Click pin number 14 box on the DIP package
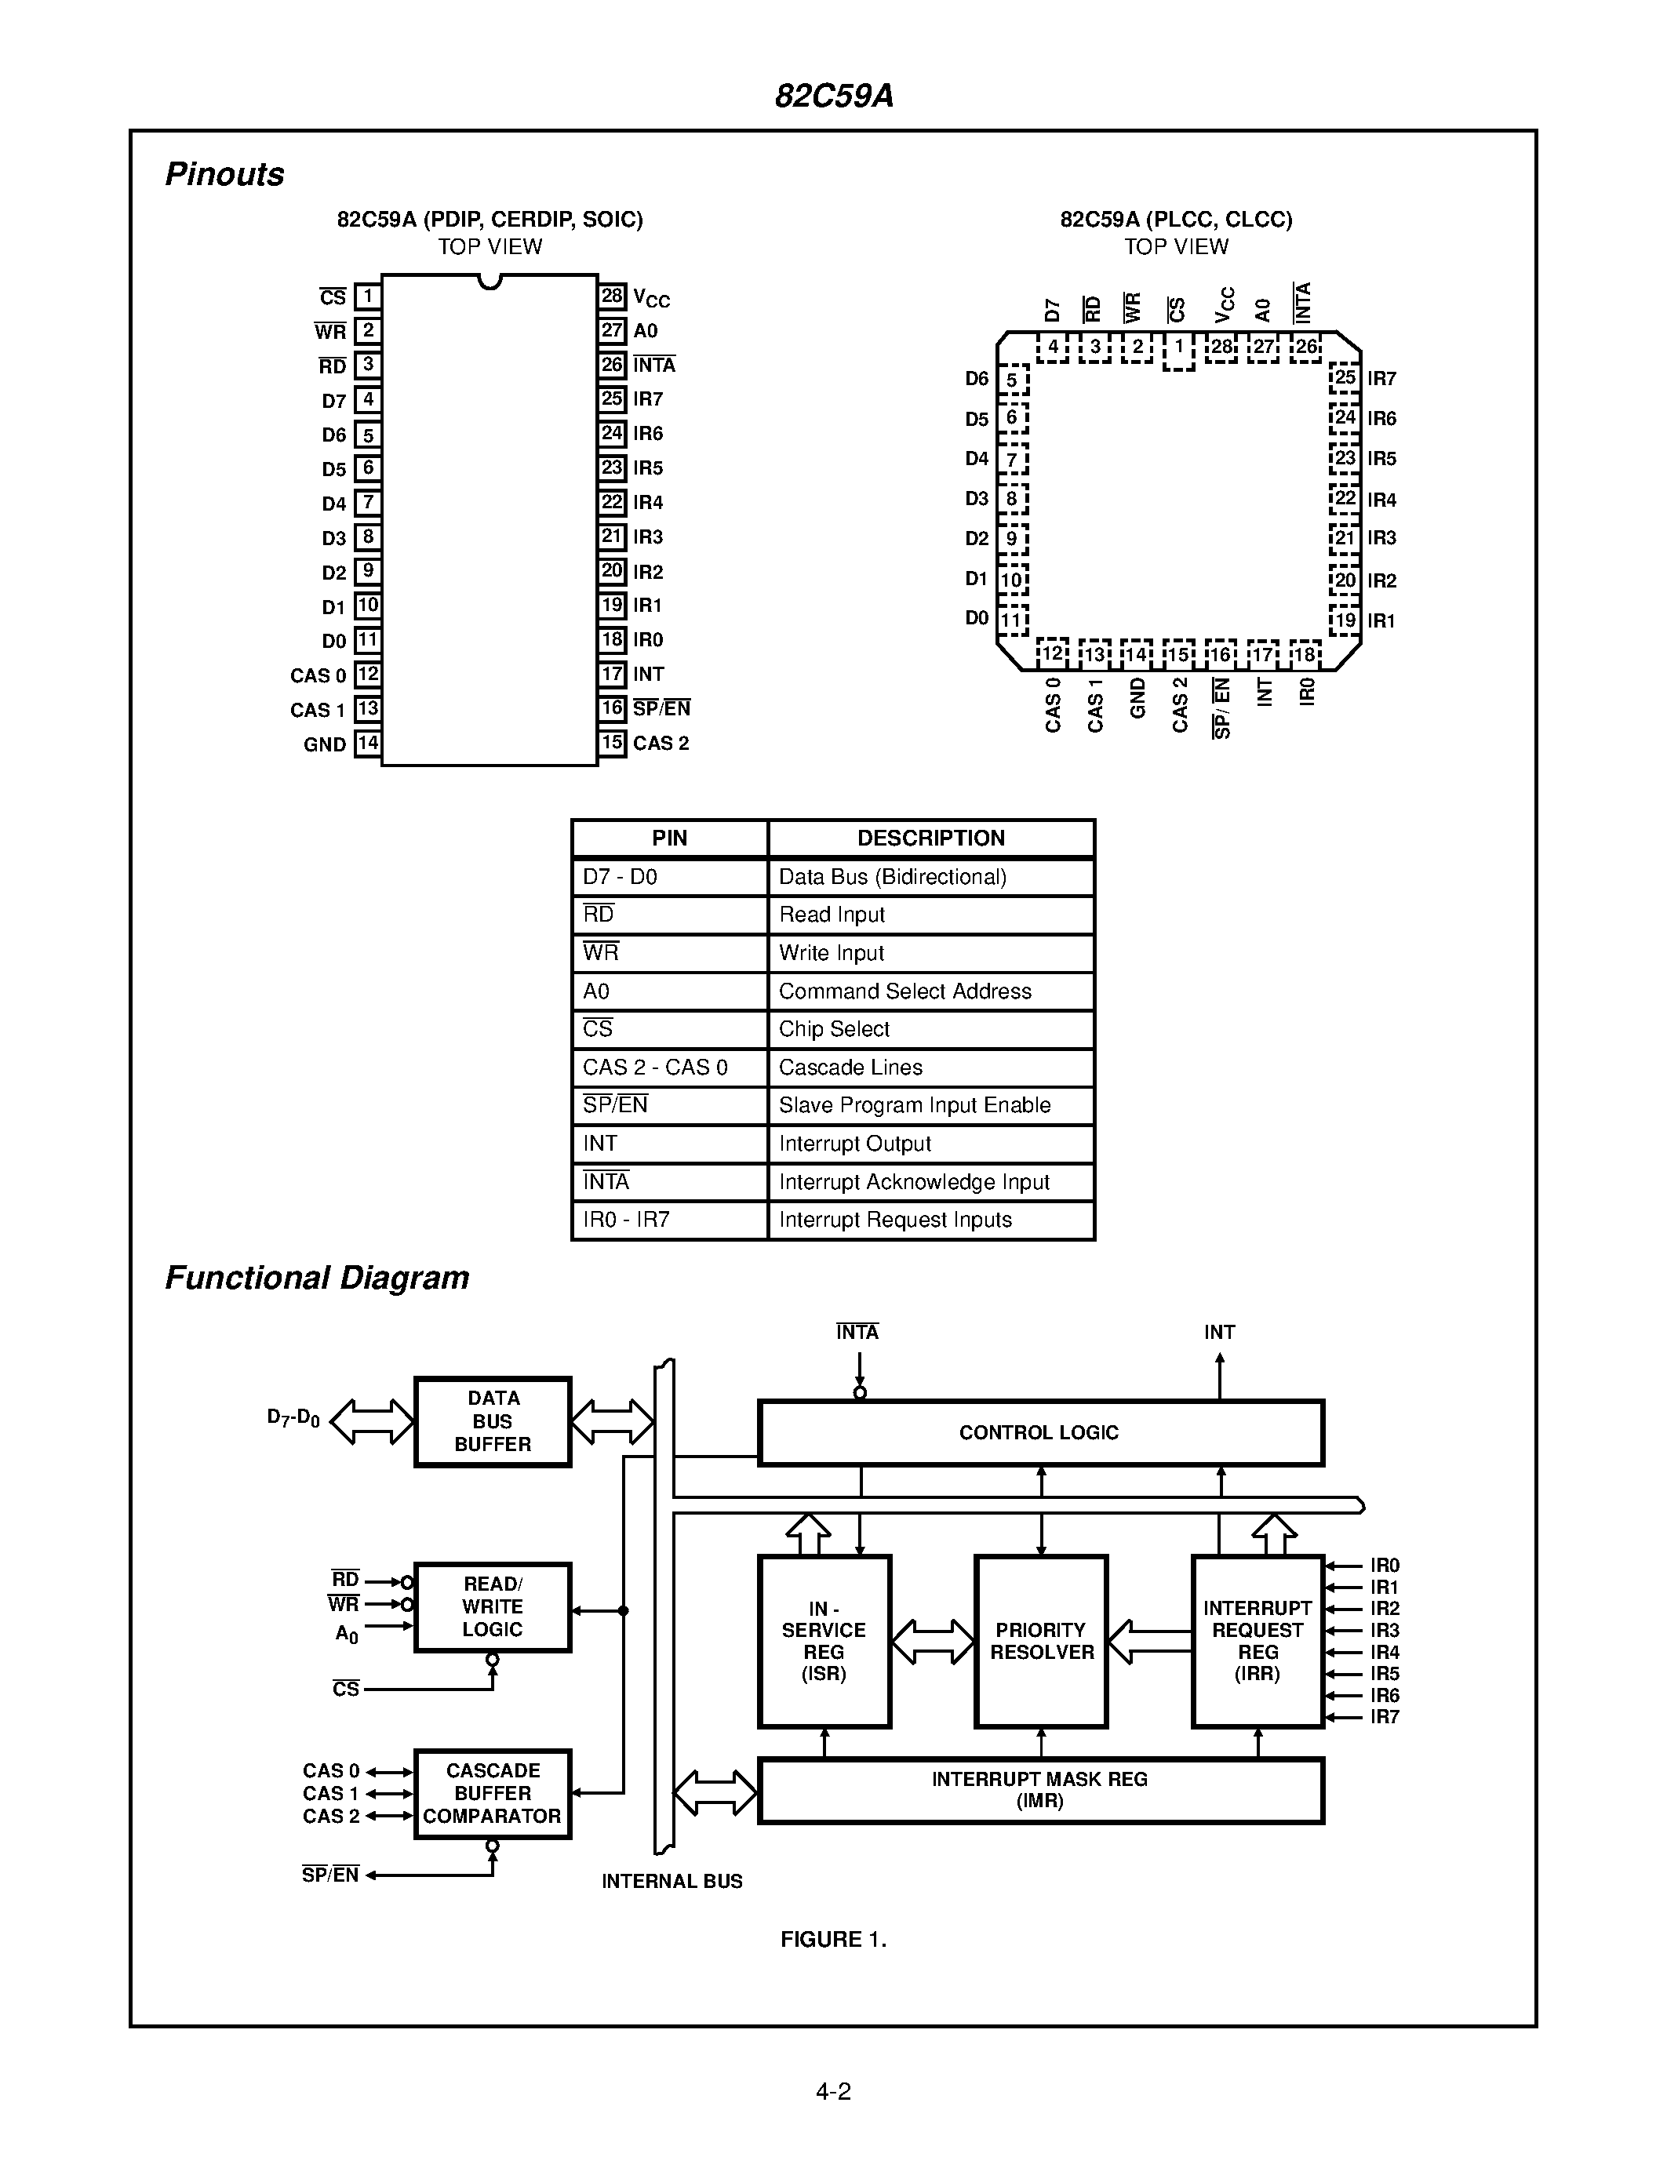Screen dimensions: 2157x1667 [x=367, y=743]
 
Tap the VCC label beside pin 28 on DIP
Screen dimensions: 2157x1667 [x=651, y=297]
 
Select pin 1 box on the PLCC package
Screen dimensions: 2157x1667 [x=1178, y=348]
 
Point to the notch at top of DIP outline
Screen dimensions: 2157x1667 [x=489, y=282]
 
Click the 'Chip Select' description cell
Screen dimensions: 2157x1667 [x=930, y=1029]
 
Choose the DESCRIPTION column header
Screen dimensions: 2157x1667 [x=930, y=838]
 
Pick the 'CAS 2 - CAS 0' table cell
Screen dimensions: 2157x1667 [x=668, y=1067]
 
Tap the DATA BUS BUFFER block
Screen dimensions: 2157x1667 [x=492, y=1421]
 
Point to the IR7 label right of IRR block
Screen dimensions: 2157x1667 [x=1385, y=1716]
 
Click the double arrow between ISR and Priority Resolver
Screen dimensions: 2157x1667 [x=932, y=1642]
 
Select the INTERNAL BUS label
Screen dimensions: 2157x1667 [x=672, y=1882]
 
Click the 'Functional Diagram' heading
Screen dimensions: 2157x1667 [x=316, y=1277]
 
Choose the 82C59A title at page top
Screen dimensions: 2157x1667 [x=833, y=96]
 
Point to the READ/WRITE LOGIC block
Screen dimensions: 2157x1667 [x=492, y=1607]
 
